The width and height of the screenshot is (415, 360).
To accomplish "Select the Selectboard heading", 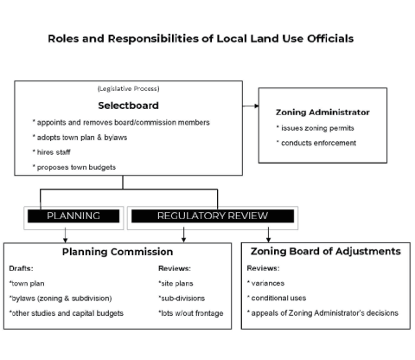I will pyautogui.click(x=129, y=105).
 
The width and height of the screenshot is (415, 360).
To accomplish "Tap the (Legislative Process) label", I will pyautogui.click(x=128, y=89).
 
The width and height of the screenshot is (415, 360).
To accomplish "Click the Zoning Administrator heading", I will pyautogui.click(x=322, y=112).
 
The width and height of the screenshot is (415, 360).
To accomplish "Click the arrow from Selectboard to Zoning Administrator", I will pyautogui.click(x=251, y=106).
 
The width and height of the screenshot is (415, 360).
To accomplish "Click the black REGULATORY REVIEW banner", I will pyautogui.click(x=213, y=215).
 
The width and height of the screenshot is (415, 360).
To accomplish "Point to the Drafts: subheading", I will pyautogui.click(x=22, y=268).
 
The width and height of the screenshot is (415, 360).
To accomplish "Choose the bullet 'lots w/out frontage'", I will pyautogui.click(x=190, y=312).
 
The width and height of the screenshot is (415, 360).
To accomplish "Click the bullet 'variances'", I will pyautogui.click(x=268, y=283).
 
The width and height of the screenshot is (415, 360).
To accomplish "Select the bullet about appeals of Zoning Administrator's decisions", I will pyautogui.click(x=322, y=312).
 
